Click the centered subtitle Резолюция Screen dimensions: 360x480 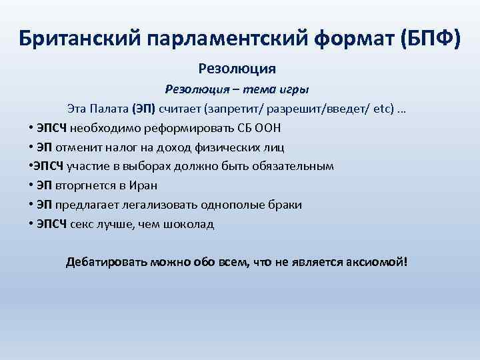237,68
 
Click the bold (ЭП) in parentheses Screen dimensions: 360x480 143,108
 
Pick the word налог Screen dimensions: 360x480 117,147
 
